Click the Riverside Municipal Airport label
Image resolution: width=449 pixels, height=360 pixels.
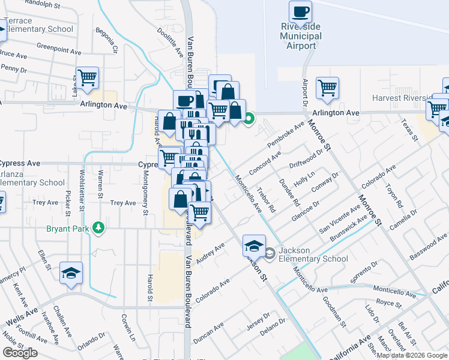point(301,36)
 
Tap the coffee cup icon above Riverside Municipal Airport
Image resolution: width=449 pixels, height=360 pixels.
point(300,11)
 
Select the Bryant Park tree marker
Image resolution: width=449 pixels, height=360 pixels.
point(97,228)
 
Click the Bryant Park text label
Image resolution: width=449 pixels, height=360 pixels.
point(68,228)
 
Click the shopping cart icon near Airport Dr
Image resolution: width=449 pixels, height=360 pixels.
point(327,88)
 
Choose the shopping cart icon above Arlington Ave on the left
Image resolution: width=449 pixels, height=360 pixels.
point(87,77)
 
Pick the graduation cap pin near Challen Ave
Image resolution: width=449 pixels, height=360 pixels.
point(71,273)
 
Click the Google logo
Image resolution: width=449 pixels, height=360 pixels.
point(20,353)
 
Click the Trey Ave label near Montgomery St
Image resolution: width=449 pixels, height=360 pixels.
point(123,203)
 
